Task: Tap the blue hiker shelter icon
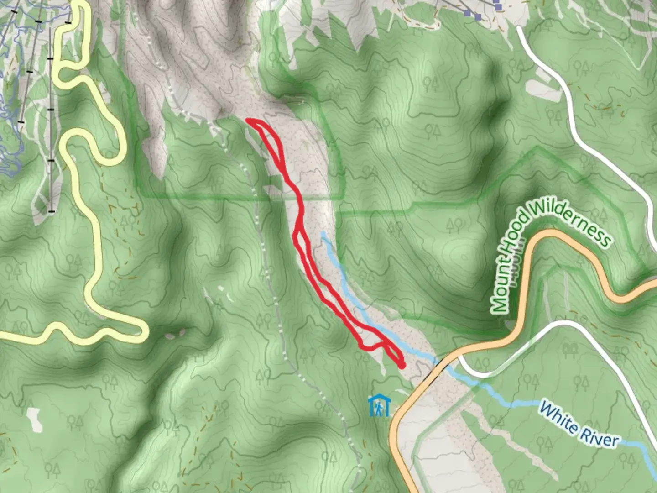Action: click(379, 406)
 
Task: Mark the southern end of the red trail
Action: click(401, 365)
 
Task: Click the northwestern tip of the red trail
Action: click(248, 120)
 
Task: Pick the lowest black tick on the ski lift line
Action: click(51, 211)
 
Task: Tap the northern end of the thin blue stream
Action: click(323, 233)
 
